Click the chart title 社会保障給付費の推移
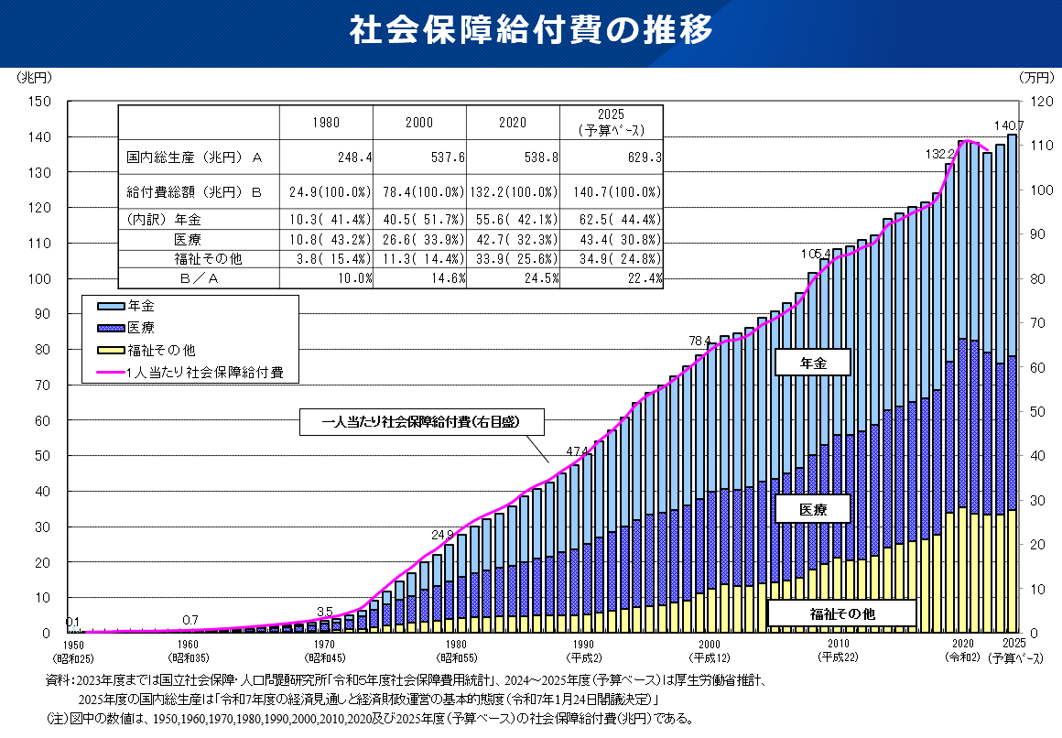(x=530, y=30)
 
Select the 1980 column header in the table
(x=327, y=123)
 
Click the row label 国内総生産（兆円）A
(x=195, y=157)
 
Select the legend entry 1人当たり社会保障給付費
(x=208, y=373)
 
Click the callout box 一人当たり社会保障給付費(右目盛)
(x=421, y=422)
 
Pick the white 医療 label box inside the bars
(x=812, y=509)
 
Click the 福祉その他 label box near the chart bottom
(x=841, y=613)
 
